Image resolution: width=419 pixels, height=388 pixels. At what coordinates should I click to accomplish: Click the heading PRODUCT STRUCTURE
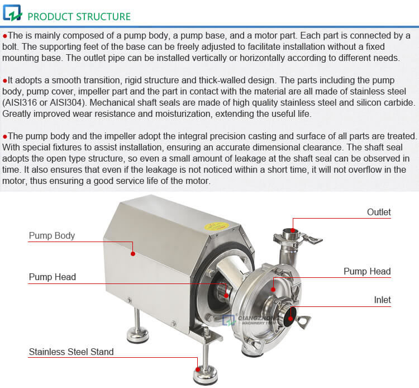[x=79, y=16]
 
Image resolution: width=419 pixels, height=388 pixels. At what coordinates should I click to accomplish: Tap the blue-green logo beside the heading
[x=12, y=12]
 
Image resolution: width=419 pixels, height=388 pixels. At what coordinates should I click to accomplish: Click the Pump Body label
[x=51, y=236]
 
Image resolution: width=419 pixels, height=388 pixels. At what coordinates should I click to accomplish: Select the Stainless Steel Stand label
[x=71, y=352]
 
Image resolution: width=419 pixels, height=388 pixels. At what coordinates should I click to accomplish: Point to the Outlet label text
[x=379, y=212]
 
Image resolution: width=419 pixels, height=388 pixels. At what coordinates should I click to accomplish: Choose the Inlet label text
[x=382, y=300]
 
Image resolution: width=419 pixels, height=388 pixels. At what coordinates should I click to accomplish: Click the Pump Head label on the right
[x=366, y=272]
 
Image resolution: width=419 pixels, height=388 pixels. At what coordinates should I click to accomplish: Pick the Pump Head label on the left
[x=52, y=277]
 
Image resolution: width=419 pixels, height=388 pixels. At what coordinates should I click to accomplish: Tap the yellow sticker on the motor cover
[x=214, y=226]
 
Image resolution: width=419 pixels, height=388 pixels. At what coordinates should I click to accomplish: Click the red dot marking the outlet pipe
[x=292, y=229]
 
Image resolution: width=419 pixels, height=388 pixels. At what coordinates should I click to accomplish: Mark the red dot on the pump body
[x=133, y=253]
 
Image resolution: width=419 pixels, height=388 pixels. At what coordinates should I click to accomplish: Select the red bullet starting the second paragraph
[x=5, y=81]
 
